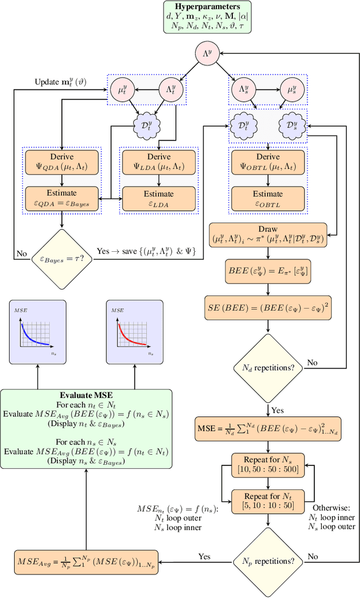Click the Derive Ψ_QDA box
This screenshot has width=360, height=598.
(62, 161)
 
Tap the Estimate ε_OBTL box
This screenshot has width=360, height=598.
(268, 197)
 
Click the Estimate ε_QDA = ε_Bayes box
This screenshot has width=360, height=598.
(62, 197)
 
